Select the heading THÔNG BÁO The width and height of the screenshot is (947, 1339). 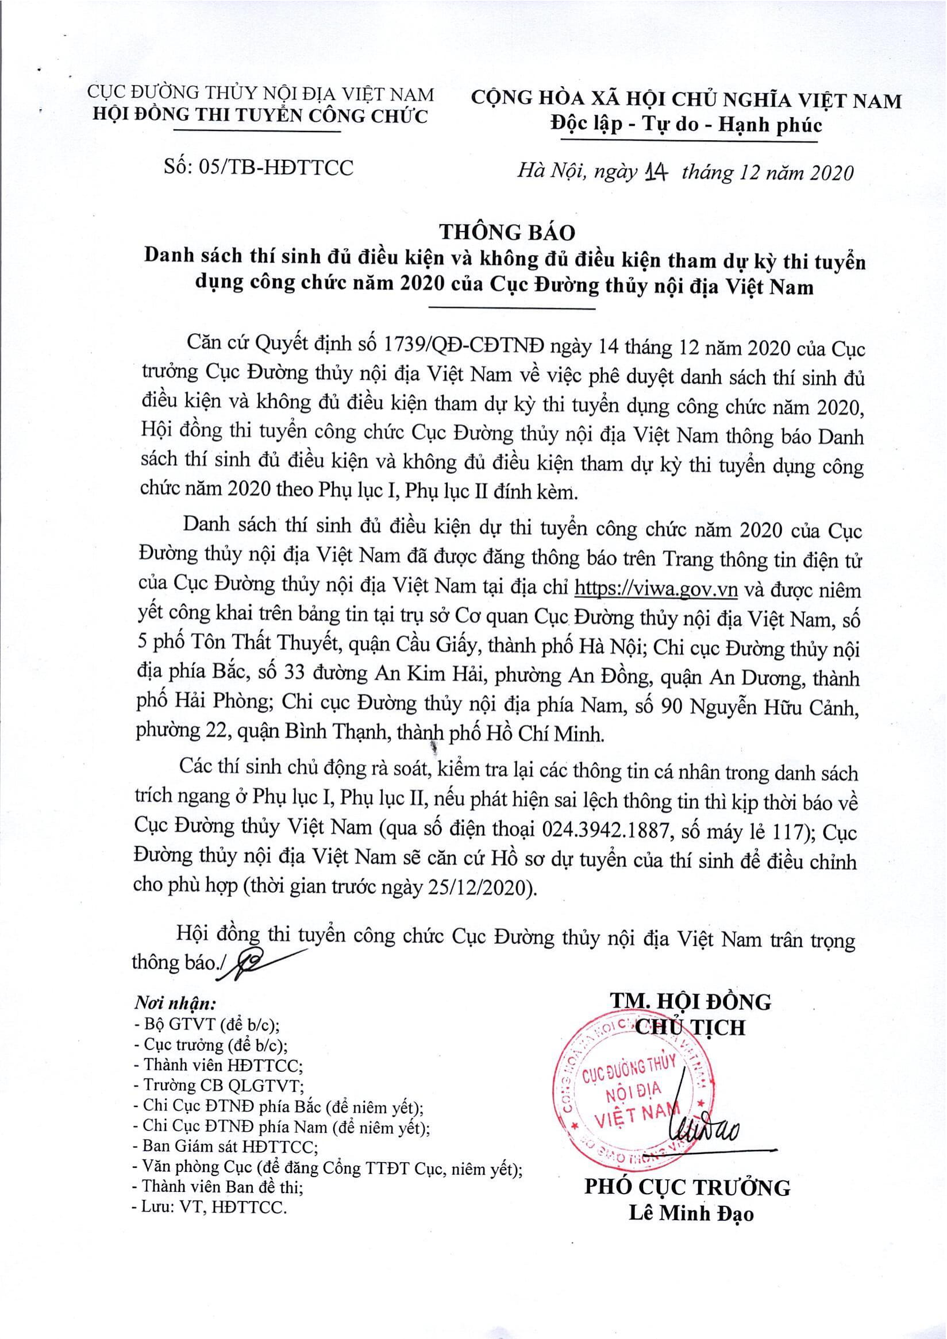pyautogui.click(x=507, y=232)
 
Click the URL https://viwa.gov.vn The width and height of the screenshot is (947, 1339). pyautogui.click(x=656, y=589)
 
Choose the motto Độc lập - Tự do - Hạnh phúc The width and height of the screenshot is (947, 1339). pyautogui.click(x=686, y=125)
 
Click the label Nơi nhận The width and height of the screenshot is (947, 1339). pyautogui.click(x=175, y=1003)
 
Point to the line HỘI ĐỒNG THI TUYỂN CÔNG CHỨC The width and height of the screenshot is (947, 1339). pyautogui.click(x=261, y=115)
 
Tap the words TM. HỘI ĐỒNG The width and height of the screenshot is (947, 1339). pyautogui.click(x=690, y=1001)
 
